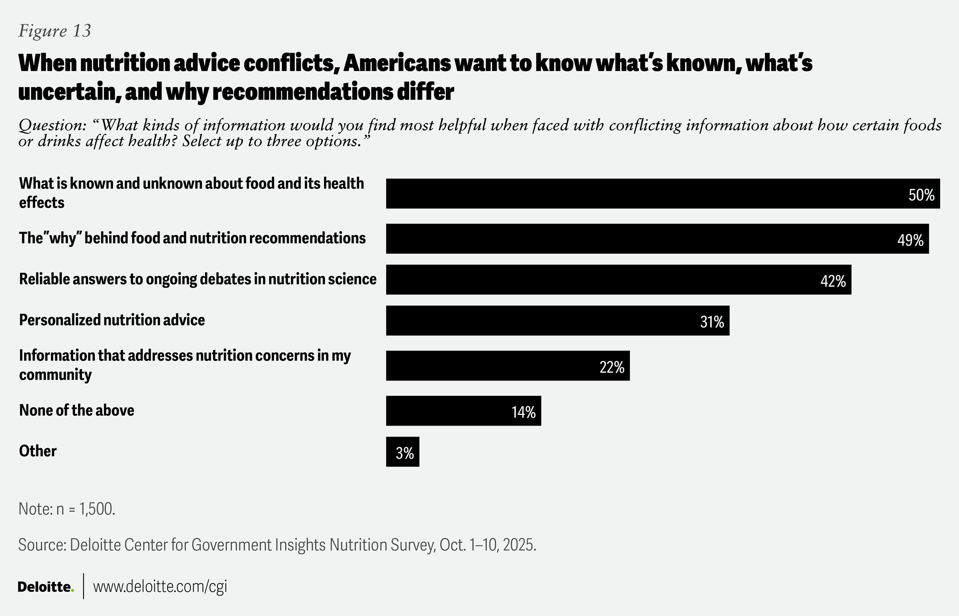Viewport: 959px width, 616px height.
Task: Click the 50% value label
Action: pyautogui.click(x=921, y=195)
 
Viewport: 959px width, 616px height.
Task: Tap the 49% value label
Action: pyautogui.click(x=910, y=240)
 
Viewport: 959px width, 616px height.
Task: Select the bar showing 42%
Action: pyautogui.click(x=617, y=279)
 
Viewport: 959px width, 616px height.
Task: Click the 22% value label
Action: pyautogui.click(x=612, y=367)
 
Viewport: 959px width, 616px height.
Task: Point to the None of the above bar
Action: pyautogui.click(x=463, y=411)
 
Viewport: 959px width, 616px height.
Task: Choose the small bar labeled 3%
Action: pyautogui.click(x=403, y=452)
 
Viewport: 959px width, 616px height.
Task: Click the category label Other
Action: pyautogui.click(x=38, y=451)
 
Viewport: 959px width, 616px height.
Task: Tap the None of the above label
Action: pyautogui.click(x=77, y=410)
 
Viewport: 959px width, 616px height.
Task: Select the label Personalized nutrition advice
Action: pyautogui.click(x=112, y=320)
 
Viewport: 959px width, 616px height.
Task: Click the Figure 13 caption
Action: pyautogui.click(x=55, y=31)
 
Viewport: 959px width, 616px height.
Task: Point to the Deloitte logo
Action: pyautogui.click(x=45, y=587)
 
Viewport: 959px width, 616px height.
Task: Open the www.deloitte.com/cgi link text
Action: pyautogui.click(x=160, y=586)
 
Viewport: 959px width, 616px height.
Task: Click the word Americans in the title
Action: pyautogui.click(x=396, y=63)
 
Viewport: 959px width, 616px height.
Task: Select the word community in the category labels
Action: pyautogui.click(x=56, y=375)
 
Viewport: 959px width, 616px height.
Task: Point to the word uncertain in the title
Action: pyautogui.click(x=66, y=92)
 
